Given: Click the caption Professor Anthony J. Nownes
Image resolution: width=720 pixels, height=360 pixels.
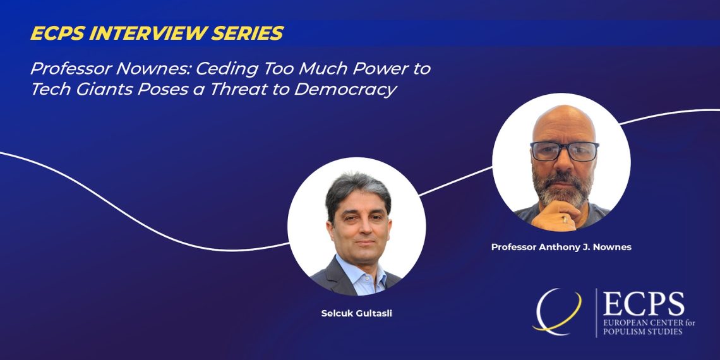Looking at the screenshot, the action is click(561, 247).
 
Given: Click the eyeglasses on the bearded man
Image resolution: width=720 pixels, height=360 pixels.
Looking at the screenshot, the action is click(565, 151).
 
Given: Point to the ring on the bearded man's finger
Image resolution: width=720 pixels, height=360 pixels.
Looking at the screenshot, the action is click(565, 220).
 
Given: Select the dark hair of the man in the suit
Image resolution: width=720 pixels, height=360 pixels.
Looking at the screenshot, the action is click(357, 191).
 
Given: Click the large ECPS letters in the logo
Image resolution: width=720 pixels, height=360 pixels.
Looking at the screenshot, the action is click(644, 304).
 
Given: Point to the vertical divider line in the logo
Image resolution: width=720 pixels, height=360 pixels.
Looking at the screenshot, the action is click(596, 313).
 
